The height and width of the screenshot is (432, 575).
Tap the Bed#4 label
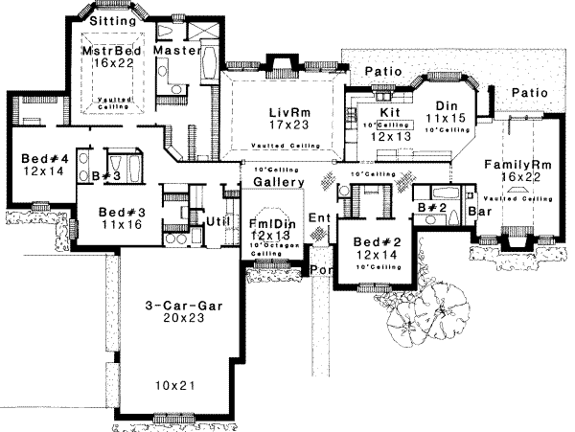pos(41,160)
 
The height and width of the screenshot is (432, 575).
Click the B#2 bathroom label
pos(431,206)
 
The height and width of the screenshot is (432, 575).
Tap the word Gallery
pos(279,183)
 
